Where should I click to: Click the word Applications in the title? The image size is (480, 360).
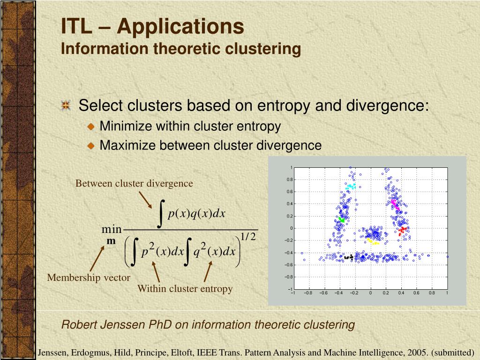click(x=180, y=26)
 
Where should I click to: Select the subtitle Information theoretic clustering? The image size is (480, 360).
click(x=180, y=49)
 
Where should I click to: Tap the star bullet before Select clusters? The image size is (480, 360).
click(x=66, y=105)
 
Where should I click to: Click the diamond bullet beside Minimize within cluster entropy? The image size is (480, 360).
click(x=91, y=127)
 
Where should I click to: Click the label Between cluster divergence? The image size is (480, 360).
click(x=134, y=183)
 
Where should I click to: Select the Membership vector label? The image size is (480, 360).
click(x=88, y=277)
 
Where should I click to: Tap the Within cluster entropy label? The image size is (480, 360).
click(x=185, y=289)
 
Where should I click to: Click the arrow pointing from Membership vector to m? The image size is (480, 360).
click(x=97, y=259)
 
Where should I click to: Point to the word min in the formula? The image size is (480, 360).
click(x=112, y=230)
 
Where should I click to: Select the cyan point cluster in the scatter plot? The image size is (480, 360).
click(x=350, y=187)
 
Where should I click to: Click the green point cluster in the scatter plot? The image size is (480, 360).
click(x=342, y=219)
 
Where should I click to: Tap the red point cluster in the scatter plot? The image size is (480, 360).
click(x=402, y=230)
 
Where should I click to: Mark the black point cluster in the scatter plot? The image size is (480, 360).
click(x=348, y=257)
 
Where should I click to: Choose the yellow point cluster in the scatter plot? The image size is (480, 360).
click(x=373, y=242)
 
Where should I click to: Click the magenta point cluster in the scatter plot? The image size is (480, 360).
click(x=395, y=203)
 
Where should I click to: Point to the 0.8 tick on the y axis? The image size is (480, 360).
click(x=290, y=180)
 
